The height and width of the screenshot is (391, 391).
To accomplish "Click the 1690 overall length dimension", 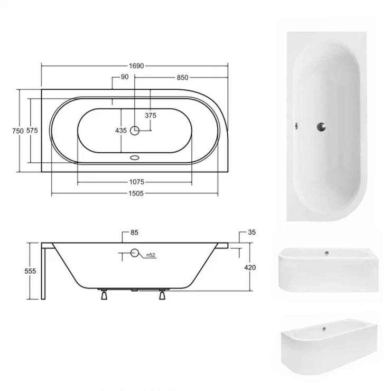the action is tap(136, 66).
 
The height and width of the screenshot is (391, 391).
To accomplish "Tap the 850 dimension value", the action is tap(182, 78).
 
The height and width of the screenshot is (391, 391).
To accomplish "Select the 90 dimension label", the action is tap(125, 77).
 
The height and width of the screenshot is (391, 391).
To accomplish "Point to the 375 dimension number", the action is tap(151, 115).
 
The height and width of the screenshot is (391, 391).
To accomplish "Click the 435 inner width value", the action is tap(121, 131).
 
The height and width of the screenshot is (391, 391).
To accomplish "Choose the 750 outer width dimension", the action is tap(18, 131).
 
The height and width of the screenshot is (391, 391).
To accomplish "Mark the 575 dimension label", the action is tap(32, 130).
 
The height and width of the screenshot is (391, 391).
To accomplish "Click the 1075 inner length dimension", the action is tap(137, 182).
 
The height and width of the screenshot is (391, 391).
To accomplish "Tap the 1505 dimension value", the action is tap(136, 193).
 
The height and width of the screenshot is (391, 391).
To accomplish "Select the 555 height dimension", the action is tap(30, 271).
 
